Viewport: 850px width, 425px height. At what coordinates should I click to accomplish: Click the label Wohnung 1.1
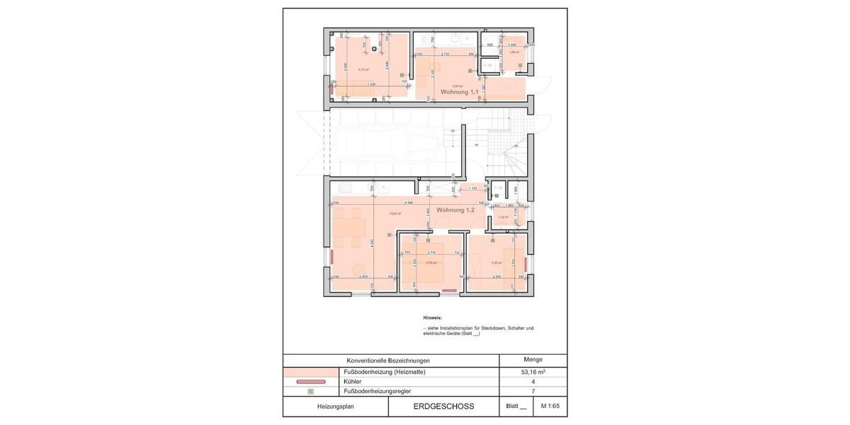pyautogui.click(x=460, y=92)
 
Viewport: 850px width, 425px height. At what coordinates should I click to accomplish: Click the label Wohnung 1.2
pyautogui.click(x=455, y=210)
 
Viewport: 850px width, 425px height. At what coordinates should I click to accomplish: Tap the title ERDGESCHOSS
pyautogui.click(x=443, y=407)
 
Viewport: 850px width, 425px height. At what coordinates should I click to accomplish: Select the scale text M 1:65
pyautogui.click(x=550, y=407)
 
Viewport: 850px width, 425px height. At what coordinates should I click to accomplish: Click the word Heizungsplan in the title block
pyautogui.click(x=335, y=407)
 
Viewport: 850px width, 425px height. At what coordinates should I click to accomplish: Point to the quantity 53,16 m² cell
pyautogui.click(x=533, y=372)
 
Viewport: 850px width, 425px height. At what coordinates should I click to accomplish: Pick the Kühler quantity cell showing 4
pyautogui.click(x=533, y=381)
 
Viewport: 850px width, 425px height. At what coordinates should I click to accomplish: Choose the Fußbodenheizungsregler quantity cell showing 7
pyautogui.click(x=533, y=390)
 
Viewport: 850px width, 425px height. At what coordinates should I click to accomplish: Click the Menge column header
pyautogui.click(x=533, y=360)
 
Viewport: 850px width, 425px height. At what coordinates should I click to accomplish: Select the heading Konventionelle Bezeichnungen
pyautogui.click(x=388, y=361)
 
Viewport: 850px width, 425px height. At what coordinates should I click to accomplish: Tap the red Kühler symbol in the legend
pyautogui.click(x=310, y=381)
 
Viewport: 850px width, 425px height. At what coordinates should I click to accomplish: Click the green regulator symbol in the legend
pyautogui.click(x=310, y=390)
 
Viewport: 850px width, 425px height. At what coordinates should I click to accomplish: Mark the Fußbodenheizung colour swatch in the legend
pyautogui.click(x=310, y=372)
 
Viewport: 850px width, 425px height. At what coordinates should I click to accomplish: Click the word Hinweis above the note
pyautogui.click(x=432, y=318)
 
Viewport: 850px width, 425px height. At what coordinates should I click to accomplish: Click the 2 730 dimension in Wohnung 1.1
pyautogui.click(x=447, y=54)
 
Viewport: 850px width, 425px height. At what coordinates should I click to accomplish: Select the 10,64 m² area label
pyautogui.click(x=395, y=213)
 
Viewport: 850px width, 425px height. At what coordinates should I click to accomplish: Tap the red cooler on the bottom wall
pyautogui.click(x=450, y=290)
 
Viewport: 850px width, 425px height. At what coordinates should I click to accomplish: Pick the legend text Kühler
pyautogui.click(x=352, y=381)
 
